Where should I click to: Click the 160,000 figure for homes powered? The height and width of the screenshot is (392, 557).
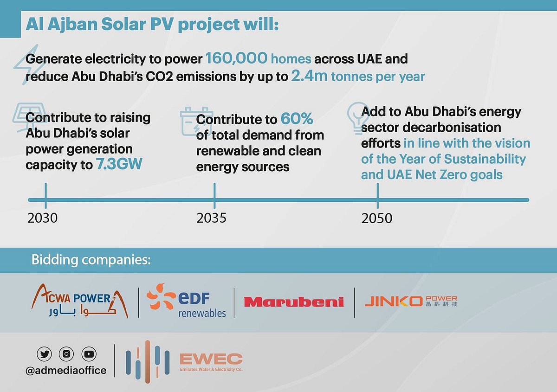point(236,59)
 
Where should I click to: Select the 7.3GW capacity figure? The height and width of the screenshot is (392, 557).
point(118,165)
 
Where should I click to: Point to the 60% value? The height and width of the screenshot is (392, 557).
point(297,119)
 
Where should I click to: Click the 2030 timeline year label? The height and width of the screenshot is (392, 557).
point(43,218)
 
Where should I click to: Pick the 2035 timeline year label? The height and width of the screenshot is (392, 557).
point(212,218)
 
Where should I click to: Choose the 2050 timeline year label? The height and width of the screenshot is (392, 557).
point(377,218)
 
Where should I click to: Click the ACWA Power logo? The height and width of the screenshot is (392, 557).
point(80,302)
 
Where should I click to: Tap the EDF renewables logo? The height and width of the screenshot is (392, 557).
point(187,302)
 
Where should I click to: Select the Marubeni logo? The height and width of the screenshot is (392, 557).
point(294,302)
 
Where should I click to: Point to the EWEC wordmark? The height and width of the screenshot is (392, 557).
point(211,359)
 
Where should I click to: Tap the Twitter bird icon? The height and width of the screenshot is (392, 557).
point(44,354)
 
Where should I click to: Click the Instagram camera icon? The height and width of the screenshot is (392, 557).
point(66,354)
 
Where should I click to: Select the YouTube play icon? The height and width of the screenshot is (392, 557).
point(89,354)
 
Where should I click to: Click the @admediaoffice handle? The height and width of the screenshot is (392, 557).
point(66,370)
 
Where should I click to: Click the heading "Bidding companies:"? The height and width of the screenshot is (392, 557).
point(91,260)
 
